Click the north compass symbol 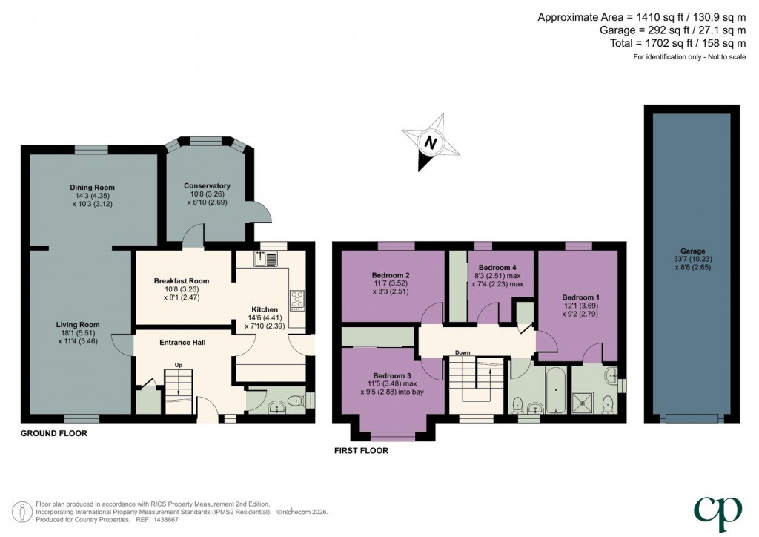tap(428, 141)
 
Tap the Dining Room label tap(93, 187)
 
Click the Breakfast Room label tap(182, 281)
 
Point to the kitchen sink tap(265, 259)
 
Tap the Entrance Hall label tap(182, 342)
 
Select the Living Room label tap(78, 324)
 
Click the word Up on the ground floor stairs tap(178, 365)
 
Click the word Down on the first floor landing tap(463, 352)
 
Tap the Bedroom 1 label tap(580, 297)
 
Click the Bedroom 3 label tap(392, 375)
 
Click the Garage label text tap(693, 251)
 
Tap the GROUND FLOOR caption tap(54, 433)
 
